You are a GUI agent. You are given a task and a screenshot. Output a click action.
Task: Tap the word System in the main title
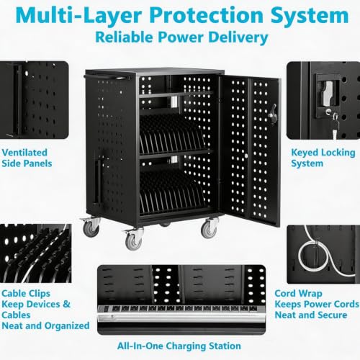point(310,16)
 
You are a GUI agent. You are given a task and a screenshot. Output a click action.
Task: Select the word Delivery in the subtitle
point(238,37)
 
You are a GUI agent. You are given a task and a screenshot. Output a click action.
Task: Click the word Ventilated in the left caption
point(24,153)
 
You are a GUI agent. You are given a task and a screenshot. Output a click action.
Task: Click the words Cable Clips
point(26,294)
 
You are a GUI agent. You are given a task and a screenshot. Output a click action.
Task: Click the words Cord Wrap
point(298,294)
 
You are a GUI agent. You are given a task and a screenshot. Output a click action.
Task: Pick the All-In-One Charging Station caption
point(179,346)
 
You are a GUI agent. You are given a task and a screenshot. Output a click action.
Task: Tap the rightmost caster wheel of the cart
point(210,229)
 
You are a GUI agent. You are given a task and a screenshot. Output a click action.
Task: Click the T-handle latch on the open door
point(273,114)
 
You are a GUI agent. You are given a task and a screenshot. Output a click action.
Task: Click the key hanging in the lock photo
point(334,128)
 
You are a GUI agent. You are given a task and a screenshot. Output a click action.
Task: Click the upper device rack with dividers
point(171,135)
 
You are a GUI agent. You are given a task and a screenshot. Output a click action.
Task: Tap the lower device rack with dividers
point(172,192)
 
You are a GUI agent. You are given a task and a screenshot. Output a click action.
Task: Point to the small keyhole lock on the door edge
point(246,156)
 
